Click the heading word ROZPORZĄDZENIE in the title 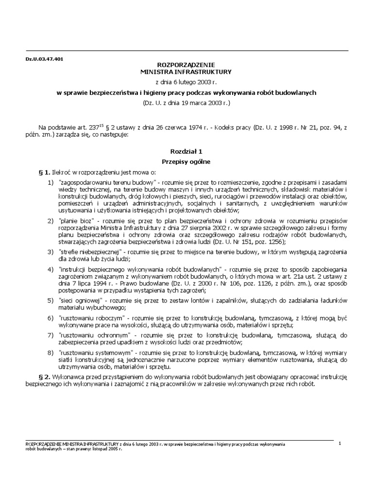[186, 65]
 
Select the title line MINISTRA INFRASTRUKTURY [186, 72]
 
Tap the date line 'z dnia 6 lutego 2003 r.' [186, 82]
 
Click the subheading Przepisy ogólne [186, 160]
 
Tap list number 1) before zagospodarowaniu [51, 182]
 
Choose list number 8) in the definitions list [51, 351]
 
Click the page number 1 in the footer [340, 443]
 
